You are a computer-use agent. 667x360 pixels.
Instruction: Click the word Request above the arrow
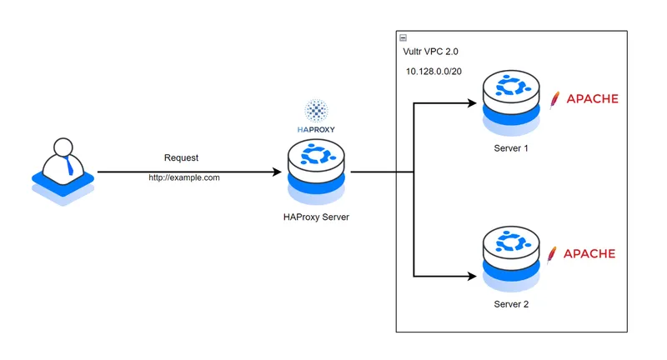181,157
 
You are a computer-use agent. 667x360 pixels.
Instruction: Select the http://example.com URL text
184,177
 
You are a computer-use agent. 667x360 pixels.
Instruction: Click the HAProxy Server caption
316,217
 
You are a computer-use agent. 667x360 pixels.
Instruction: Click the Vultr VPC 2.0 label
430,52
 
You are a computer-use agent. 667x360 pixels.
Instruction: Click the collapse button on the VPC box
404,37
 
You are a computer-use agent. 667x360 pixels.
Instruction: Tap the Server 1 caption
511,147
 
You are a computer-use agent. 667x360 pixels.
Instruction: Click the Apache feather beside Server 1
554,99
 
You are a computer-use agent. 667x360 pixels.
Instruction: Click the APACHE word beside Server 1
592,99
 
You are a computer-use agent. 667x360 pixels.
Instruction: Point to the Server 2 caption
511,304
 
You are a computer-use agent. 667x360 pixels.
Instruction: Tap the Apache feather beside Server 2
552,253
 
